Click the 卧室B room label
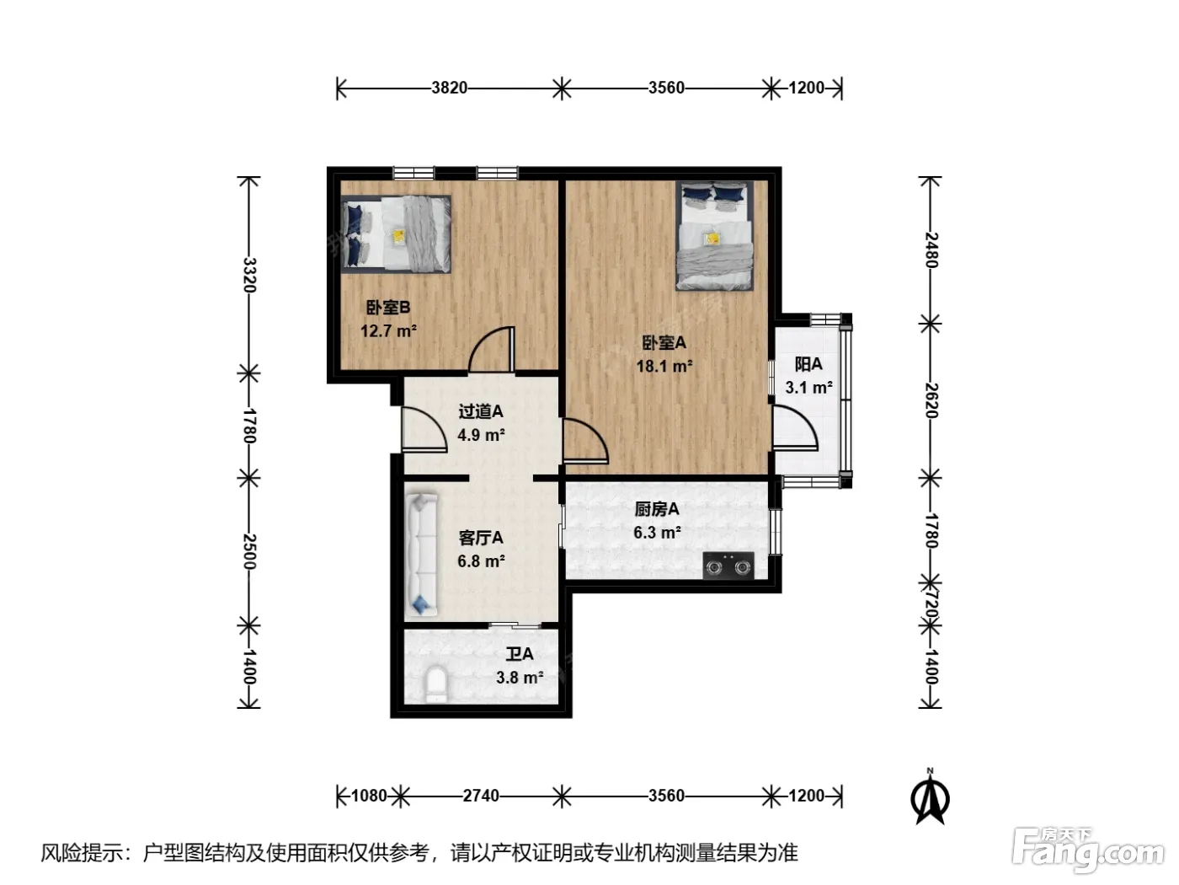click(x=388, y=308)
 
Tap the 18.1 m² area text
click(x=664, y=367)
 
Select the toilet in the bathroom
click(x=435, y=684)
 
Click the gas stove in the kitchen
click(x=728, y=566)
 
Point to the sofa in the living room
click(x=422, y=554)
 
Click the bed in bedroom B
click(x=396, y=234)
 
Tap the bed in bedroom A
click(x=714, y=235)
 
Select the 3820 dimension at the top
click(x=450, y=88)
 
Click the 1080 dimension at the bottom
click(x=369, y=796)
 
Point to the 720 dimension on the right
click(x=931, y=603)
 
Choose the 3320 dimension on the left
click(x=249, y=275)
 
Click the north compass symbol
click(x=931, y=796)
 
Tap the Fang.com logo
click(x=1088, y=850)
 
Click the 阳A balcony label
click(x=808, y=364)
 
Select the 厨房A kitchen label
click(x=657, y=509)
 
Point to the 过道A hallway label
click(x=481, y=411)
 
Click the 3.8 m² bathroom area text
click(x=520, y=678)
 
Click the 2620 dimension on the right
click(x=931, y=400)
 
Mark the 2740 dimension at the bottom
click(x=481, y=796)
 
